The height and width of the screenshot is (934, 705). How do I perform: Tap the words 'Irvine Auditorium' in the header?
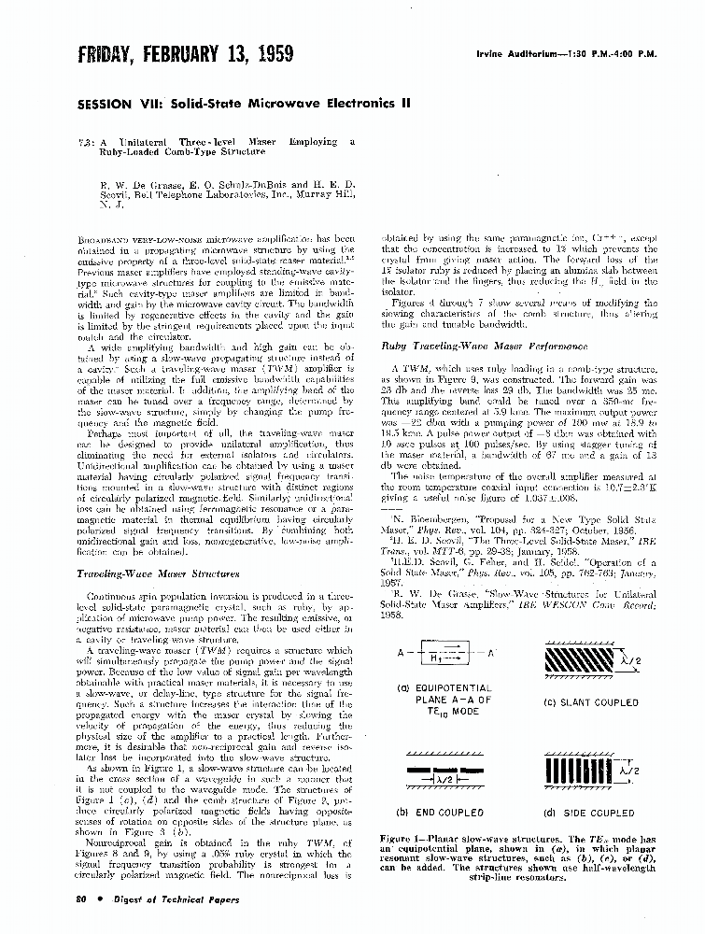pos(507,53)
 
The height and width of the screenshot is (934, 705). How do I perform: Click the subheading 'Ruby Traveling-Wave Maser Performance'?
pos(458,347)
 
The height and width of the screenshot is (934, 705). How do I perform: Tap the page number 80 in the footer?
pos(80,899)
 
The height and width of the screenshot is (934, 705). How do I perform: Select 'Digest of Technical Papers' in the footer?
pos(158,899)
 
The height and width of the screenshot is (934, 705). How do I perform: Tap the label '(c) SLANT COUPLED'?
pos(590,702)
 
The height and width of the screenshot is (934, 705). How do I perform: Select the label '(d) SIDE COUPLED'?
pos(589,813)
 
